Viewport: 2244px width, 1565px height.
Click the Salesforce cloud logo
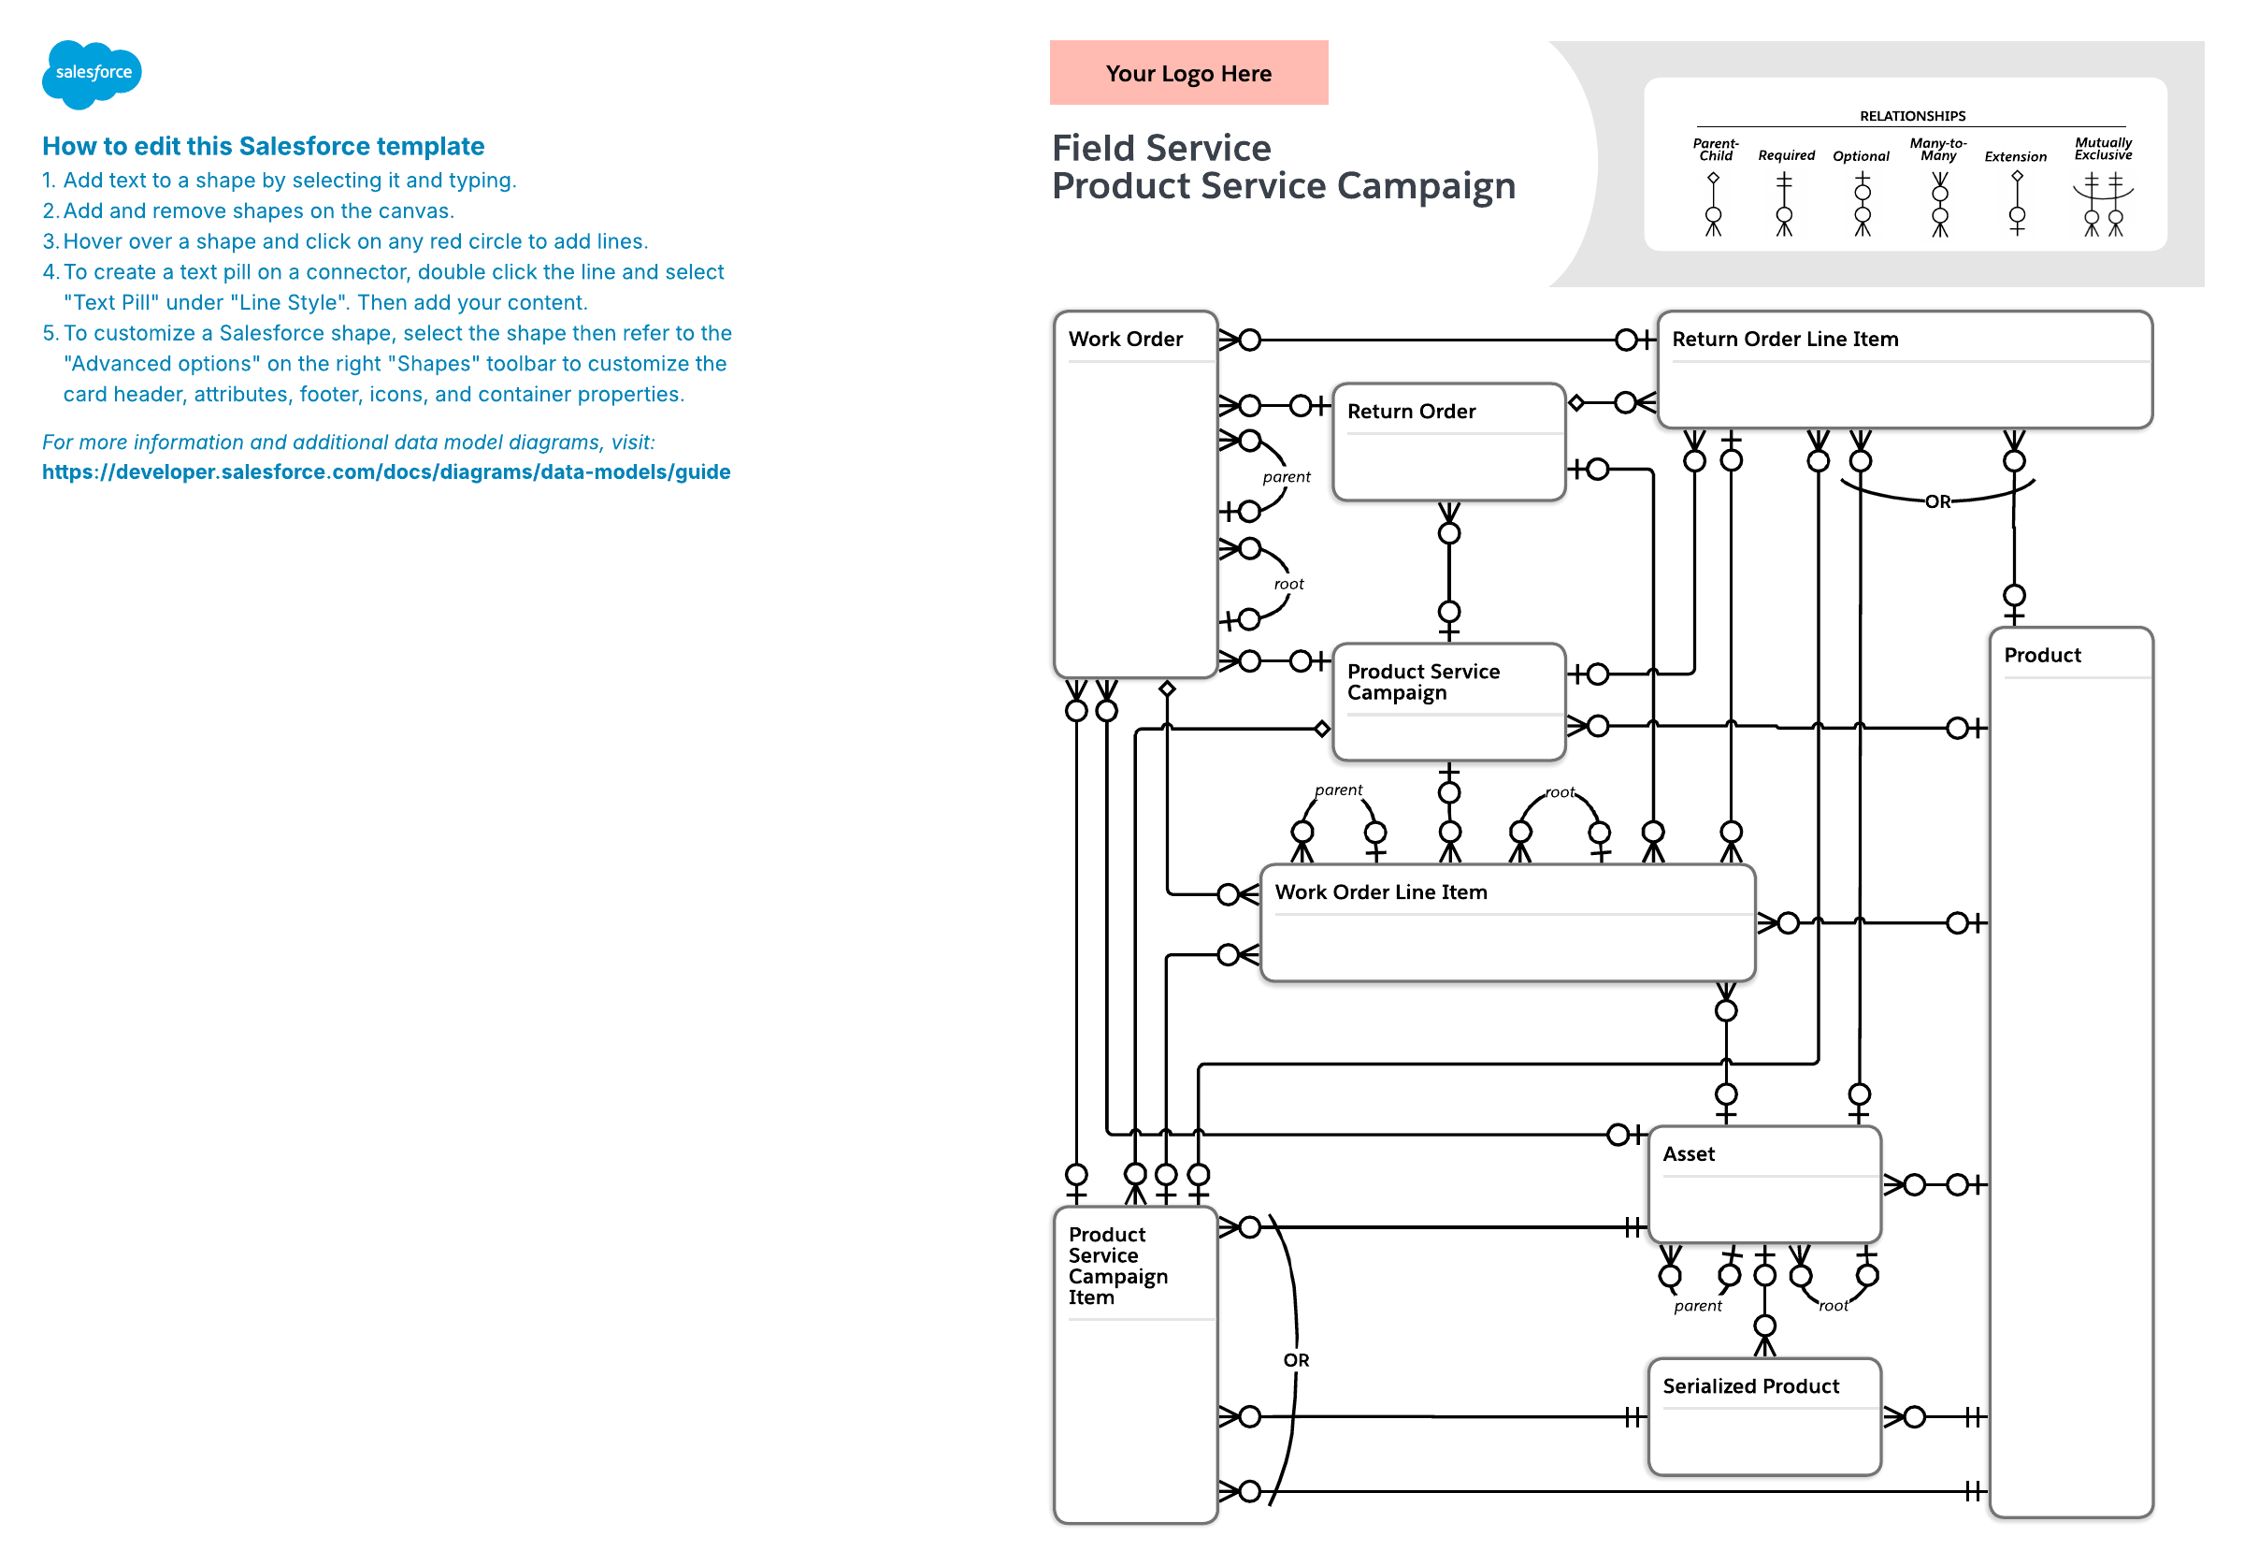click(92, 73)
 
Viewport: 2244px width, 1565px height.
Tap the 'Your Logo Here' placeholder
click(1188, 73)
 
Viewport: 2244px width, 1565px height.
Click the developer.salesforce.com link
click(386, 472)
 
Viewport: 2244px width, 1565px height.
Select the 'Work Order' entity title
click(1125, 340)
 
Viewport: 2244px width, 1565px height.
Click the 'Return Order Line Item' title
click(1785, 340)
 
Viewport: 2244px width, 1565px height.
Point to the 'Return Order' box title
click(1411, 412)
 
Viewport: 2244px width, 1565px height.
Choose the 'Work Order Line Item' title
click(1381, 892)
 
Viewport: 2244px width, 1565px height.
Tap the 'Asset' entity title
click(1688, 1154)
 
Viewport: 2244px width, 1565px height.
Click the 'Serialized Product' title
click(1750, 1386)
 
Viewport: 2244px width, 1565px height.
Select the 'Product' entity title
click(2042, 656)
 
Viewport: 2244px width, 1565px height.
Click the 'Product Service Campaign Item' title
click(1117, 1266)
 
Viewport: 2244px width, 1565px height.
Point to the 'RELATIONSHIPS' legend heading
click(1912, 116)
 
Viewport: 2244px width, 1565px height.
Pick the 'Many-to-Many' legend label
click(1938, 150)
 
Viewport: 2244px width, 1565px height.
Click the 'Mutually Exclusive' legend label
click(2103, 149)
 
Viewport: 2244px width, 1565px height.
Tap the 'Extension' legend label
click(2015, 156)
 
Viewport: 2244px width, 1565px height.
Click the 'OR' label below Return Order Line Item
click(1937, 502)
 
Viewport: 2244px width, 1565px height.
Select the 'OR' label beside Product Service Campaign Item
click(1296, 1361)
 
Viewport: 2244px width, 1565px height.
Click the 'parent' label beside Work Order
click(1287, 477)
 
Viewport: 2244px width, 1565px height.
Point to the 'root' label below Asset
click(1833, 1306)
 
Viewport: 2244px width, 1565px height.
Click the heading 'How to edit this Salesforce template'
click(263, 147)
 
